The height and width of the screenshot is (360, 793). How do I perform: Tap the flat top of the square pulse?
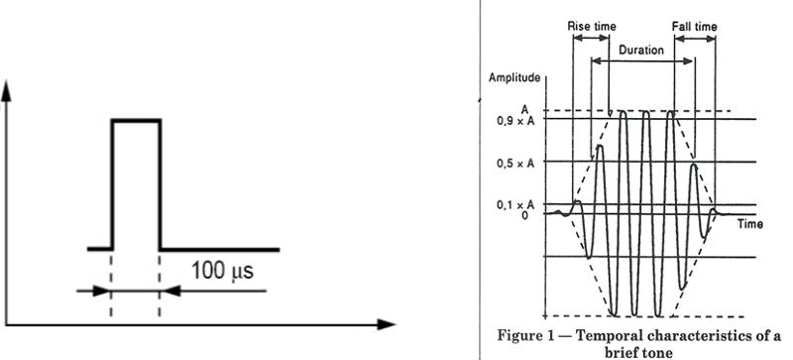pyautogui.click(x=135, y=120)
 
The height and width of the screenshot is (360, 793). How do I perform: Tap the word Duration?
pyautogui.click(x=640, y=48)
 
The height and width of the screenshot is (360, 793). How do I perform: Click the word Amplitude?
pyautogui.click(x=514, y=76)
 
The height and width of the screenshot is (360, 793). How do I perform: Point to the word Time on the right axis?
pyautogui.click(x=750, y=224)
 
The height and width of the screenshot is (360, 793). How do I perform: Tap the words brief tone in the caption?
pyautogui.click(x=646, y=349)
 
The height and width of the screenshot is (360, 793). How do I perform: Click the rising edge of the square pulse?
pyautogui.click(x=111, y=183)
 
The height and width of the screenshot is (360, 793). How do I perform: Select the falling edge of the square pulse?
pyautogui.click(x=160, y=183)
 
